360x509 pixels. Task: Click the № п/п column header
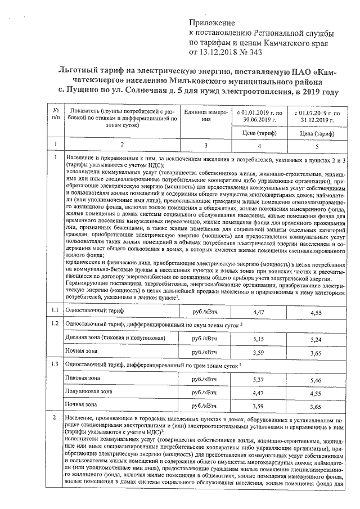tap(55, 115)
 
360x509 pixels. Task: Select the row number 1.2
tap(55, 325)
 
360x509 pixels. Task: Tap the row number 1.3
tap(55, 364)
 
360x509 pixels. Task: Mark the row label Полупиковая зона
tap(88, 391)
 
